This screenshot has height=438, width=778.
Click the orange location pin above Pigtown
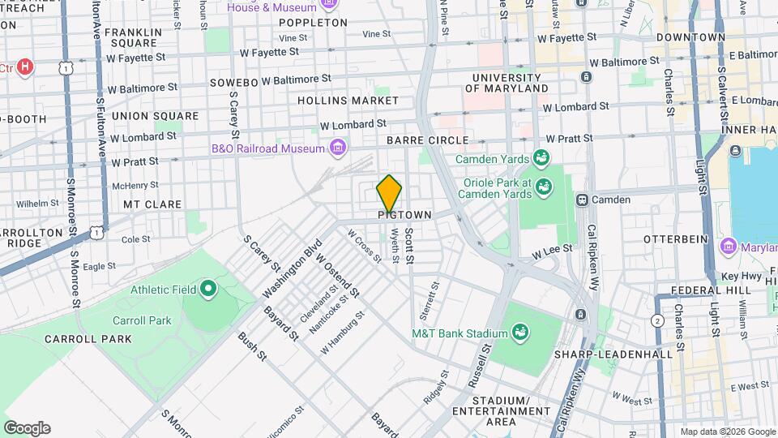(389, 195)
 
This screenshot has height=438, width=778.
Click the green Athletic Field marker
(208, 288)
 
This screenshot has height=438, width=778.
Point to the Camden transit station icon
(581, 200)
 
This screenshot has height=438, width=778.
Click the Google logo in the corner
(27, 428)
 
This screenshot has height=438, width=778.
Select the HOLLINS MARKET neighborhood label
(348, 101)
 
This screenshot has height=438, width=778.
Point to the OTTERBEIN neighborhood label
(677, 240)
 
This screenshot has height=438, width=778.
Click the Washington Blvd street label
(292, 268)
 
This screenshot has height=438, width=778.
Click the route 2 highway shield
(656, 320)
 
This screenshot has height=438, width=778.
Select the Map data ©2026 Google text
(727, 432)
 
